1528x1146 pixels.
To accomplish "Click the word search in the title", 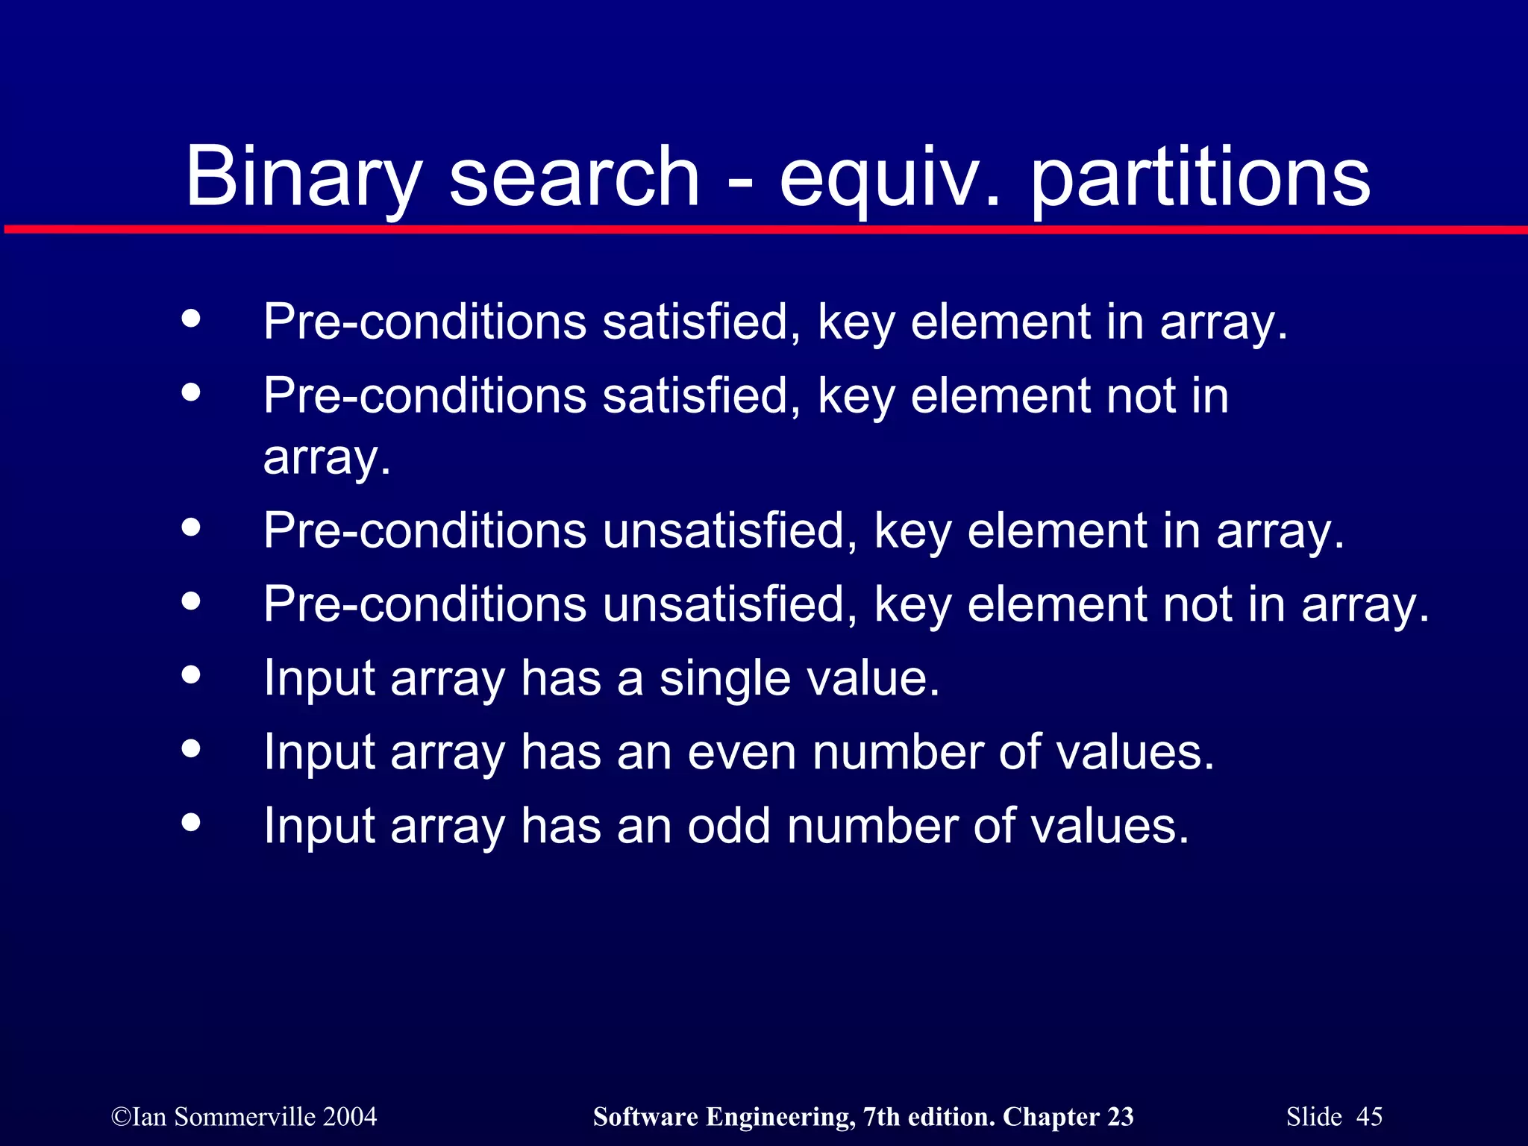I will pyautogui.click(x=574, y=177).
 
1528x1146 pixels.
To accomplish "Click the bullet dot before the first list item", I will pyautogui.click(x=191, y=319).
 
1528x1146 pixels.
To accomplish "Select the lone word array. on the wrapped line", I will pyautogui.click(x=327, y=457).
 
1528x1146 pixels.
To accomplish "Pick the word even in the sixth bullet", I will pyautogui.click(x=742, y=752).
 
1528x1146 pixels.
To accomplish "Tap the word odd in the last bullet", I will pyautogui.click(x=728, y=826).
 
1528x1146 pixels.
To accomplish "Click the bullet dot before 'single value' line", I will pyautogui.click(x=191, y=675).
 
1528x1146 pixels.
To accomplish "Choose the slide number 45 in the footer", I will pyautogui.click(x=1369, y=1117).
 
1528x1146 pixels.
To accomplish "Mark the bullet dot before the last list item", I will pyautogui.click(x=191, y=822).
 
